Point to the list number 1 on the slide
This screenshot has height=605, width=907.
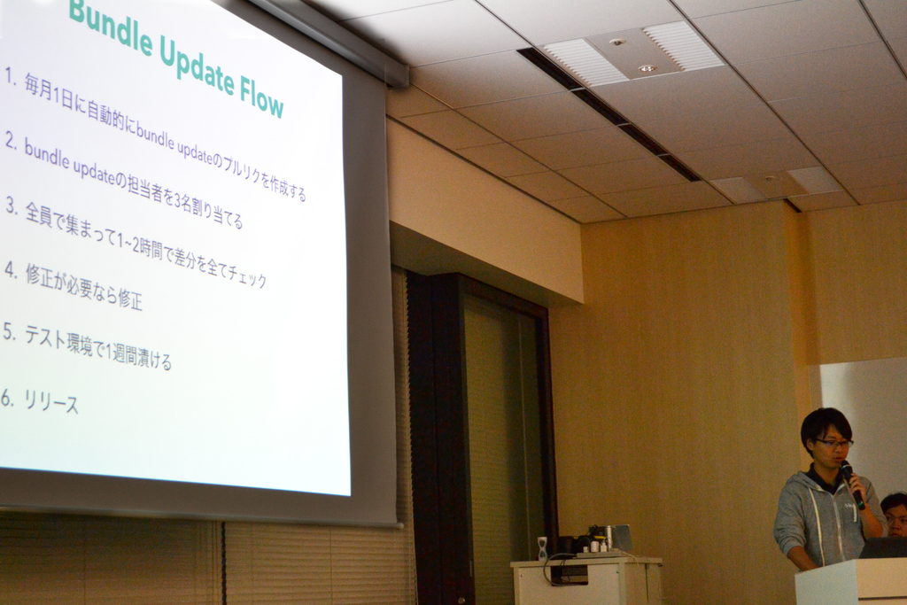coord(10,76)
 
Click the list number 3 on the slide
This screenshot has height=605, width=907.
coord(11,206)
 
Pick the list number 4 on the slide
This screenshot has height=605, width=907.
coord(11,269)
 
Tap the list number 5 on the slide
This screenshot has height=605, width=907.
coord(9,332)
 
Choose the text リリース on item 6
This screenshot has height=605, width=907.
coord(50,401)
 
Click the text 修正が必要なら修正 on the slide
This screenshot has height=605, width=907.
coord(84,286)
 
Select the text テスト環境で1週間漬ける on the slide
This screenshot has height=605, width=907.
coord(97,347)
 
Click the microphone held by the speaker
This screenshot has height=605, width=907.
coord(852,484)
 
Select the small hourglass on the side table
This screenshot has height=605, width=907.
coord(541,548)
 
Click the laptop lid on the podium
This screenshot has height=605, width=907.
coord(884,547)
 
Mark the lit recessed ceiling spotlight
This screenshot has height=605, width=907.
coord(647,68)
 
